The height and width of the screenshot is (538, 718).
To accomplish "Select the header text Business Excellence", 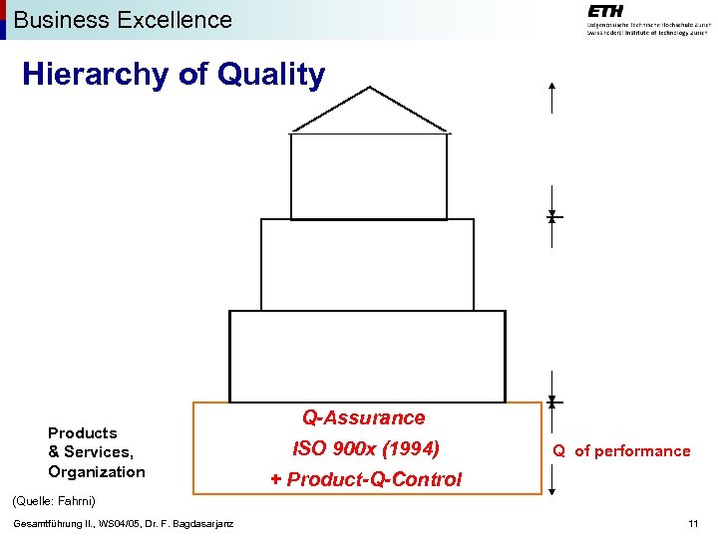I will click(123, 19).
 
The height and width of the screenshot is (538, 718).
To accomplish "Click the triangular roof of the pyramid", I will click(370, 111).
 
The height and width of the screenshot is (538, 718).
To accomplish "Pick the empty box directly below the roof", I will click(369, 175).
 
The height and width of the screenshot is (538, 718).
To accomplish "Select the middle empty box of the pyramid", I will click(367, 264).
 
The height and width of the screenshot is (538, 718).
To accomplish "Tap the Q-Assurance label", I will click(363, 418).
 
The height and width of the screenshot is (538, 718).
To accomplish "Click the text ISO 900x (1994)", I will click(365, 448).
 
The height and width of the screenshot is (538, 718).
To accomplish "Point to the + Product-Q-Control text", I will click(366, 479).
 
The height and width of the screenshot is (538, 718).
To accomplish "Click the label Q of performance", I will click(622, 451).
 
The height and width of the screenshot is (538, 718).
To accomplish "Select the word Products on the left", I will click(83, 432).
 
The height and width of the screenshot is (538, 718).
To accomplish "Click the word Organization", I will click(97, 471).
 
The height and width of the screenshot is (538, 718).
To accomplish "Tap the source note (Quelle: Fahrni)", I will click(54, 500).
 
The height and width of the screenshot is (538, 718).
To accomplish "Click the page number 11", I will click(693, 524).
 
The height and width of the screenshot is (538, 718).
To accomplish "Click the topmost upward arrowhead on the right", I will click(551, 88).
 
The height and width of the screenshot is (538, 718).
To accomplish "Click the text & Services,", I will click(91, 452).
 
